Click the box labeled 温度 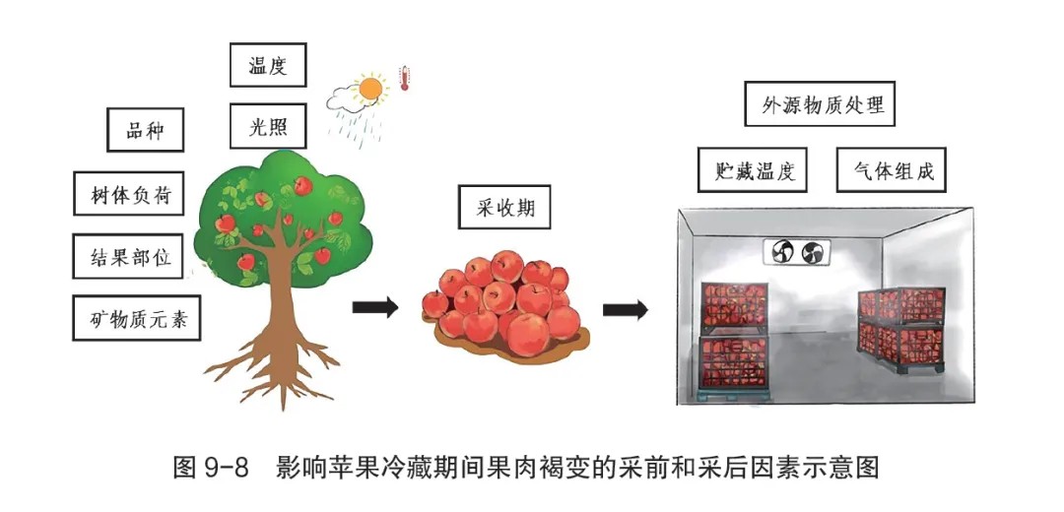(x=268, y=65)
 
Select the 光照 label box (x=268, y=125)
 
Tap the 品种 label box (x=145, y=130)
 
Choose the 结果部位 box (x=128, y=256)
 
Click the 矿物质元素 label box (x=137, y=317)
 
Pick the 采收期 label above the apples (x=504, y=207)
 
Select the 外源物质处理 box (x=819, y=103)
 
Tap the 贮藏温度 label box (x=753, y=169)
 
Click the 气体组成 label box (x=891, y=169)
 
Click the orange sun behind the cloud (x=370, y=89)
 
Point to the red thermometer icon (x=405, y=78)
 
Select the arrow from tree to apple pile (x=374, y=308)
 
